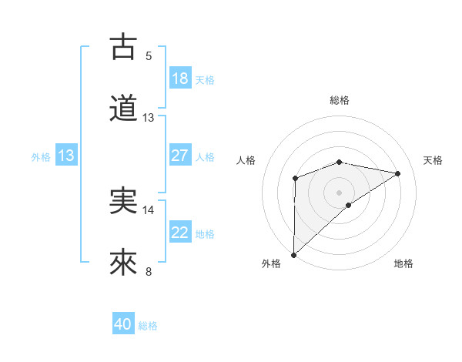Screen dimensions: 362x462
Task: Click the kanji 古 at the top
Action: [123, 47]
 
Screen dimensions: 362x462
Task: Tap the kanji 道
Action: [123, 109]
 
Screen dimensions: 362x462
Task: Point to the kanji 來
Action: [123, 263]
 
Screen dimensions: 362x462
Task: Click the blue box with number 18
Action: [180, 79]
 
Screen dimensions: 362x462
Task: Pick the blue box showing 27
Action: [180, 156]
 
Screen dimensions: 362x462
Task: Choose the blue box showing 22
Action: [180, 233]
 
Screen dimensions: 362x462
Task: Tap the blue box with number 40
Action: [123, 325]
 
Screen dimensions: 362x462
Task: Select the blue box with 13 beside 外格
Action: [66, 156]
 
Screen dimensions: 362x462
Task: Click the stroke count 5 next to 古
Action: [149, 55]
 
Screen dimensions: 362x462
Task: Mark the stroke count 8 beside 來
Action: [149, 271]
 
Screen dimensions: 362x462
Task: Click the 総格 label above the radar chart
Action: [340, 100]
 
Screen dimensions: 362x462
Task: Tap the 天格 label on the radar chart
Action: [433, 160]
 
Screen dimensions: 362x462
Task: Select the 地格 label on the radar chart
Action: [403, 263]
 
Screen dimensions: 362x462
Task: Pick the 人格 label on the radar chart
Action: [246, 160]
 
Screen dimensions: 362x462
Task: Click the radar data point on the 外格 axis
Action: [293, 255]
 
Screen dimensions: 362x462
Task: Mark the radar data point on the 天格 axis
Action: [398, 173]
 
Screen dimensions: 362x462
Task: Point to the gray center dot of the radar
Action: [340, 192]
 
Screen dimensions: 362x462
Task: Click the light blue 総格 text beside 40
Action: [148, 326]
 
